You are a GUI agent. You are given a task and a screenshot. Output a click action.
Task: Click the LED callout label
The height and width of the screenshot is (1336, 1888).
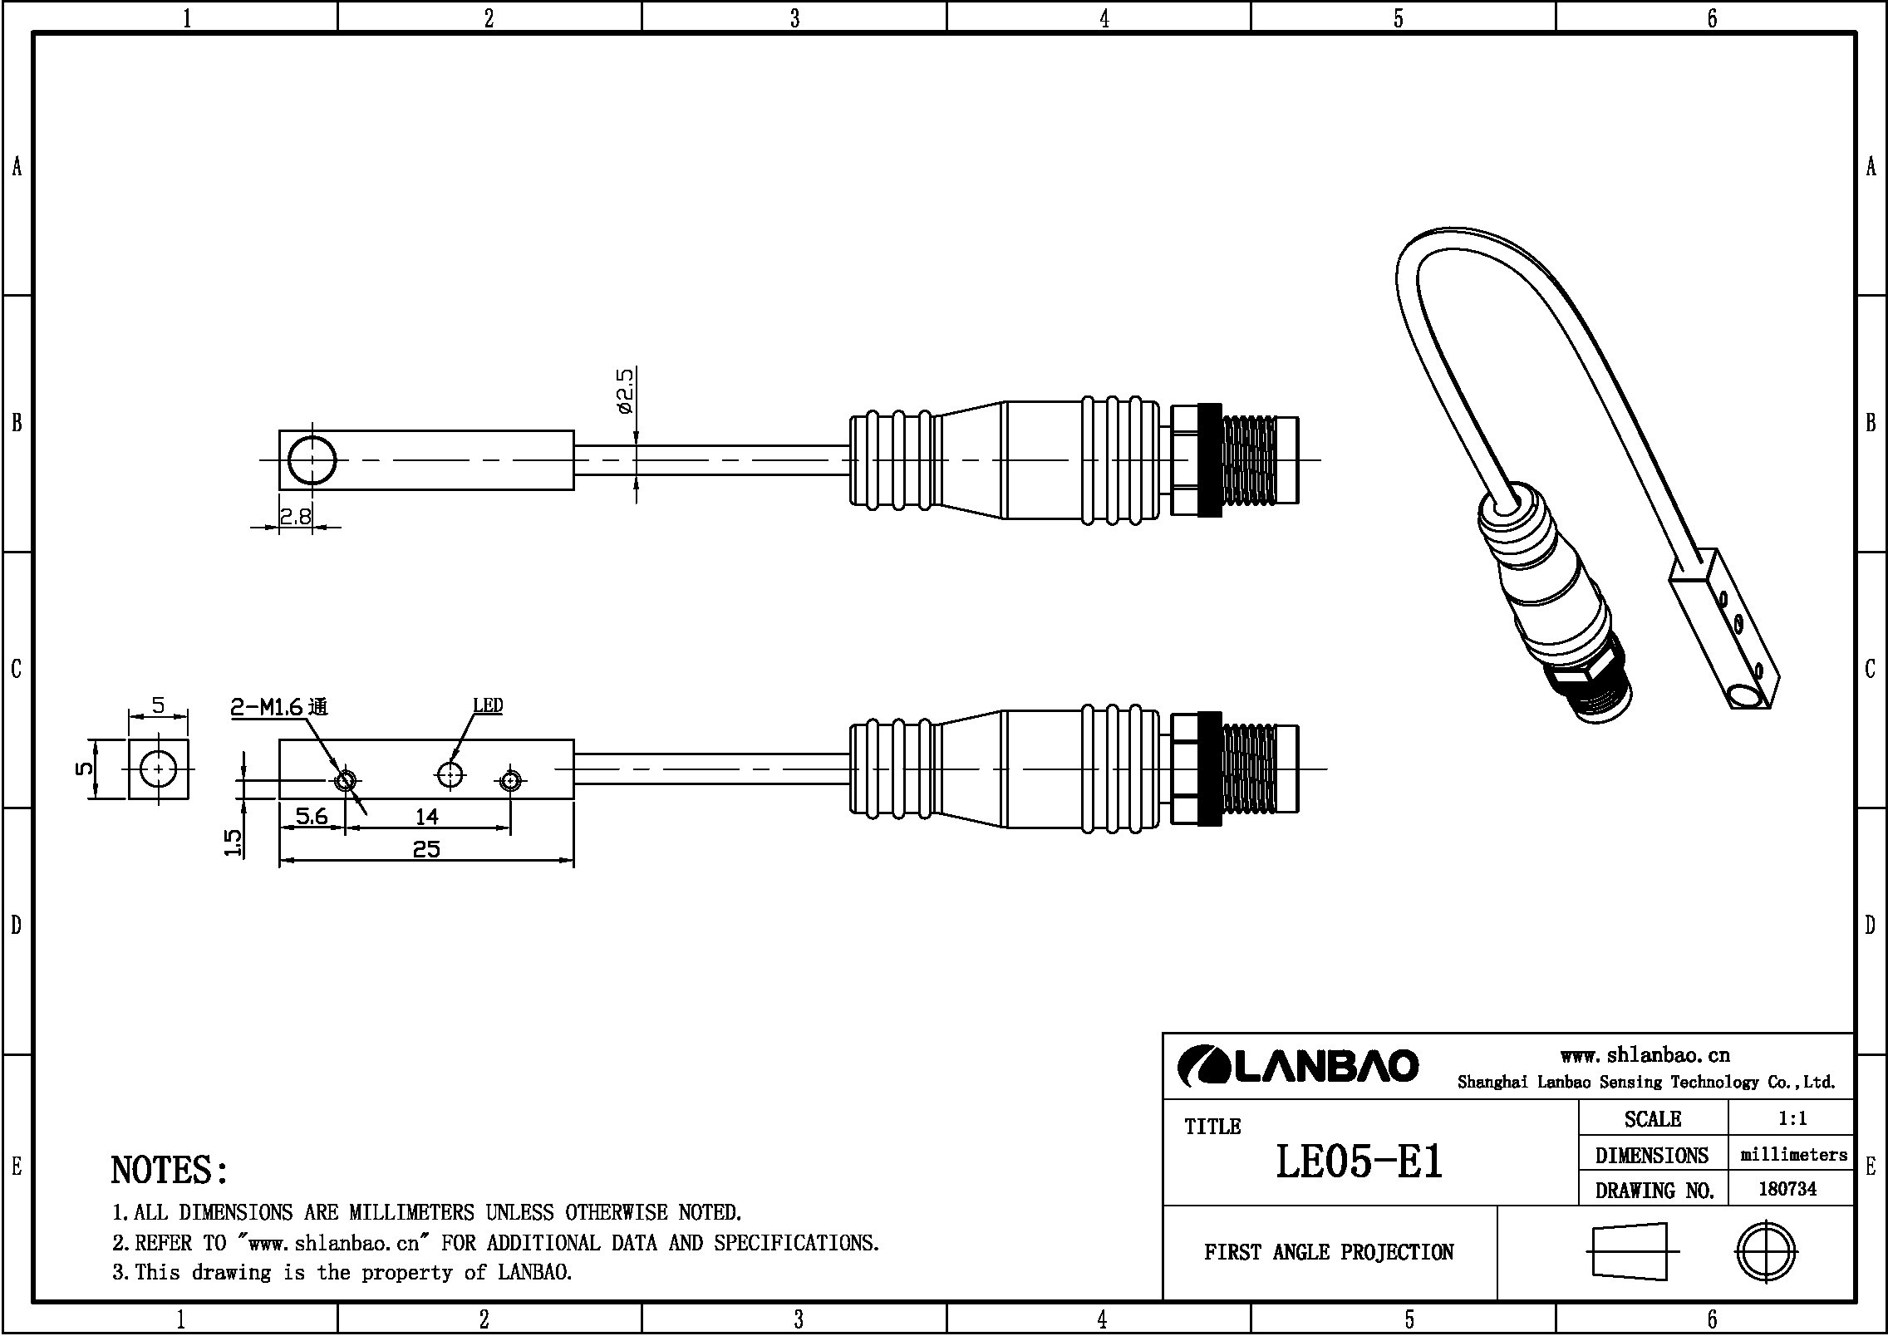coord(488,705)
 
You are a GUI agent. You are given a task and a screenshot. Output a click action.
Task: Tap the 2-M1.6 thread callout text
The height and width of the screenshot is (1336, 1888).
coord(279,707)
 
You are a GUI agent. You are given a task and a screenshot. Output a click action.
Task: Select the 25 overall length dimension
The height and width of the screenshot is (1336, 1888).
coord(426,849)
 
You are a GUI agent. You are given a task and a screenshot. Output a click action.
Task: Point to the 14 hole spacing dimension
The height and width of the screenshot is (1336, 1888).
coord(426,817)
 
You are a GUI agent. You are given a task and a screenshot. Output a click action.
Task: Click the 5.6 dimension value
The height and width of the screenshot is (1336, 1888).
coord(311,817)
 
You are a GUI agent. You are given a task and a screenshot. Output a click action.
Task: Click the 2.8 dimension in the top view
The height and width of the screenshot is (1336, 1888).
coord(295,517)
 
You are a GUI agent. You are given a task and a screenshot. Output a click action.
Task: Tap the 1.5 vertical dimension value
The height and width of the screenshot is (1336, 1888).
coord(234,843)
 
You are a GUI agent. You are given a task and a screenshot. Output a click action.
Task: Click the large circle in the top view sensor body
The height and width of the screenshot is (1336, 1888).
coord(312,459)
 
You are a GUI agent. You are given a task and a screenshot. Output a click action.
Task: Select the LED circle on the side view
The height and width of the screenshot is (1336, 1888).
coord(450,774)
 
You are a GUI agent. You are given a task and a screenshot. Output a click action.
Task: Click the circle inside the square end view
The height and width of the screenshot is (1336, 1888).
coord(158,769)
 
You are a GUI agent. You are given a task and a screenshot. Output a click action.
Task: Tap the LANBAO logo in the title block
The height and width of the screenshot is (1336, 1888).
coord(1298,1066)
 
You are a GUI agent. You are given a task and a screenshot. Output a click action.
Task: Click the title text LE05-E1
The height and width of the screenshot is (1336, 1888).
coord(1359,1162)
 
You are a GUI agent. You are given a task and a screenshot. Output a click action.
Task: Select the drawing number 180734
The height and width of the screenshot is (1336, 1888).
coord(1787,1189)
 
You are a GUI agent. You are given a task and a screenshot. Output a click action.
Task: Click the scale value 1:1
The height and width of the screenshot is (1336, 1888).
coord(1792,1118)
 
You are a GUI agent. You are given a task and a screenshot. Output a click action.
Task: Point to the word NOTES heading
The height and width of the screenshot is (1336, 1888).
coord(170,1170)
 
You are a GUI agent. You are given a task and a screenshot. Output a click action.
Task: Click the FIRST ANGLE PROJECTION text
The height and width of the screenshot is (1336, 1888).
coord(1329,1252)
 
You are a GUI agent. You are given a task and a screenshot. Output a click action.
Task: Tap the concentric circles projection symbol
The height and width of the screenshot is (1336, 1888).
coord(1766,1251)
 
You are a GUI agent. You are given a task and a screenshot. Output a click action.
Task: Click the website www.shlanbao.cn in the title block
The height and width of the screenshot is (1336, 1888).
coord(1645,1055)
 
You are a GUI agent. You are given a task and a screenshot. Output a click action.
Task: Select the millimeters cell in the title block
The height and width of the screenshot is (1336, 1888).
coord(1793,1154)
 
